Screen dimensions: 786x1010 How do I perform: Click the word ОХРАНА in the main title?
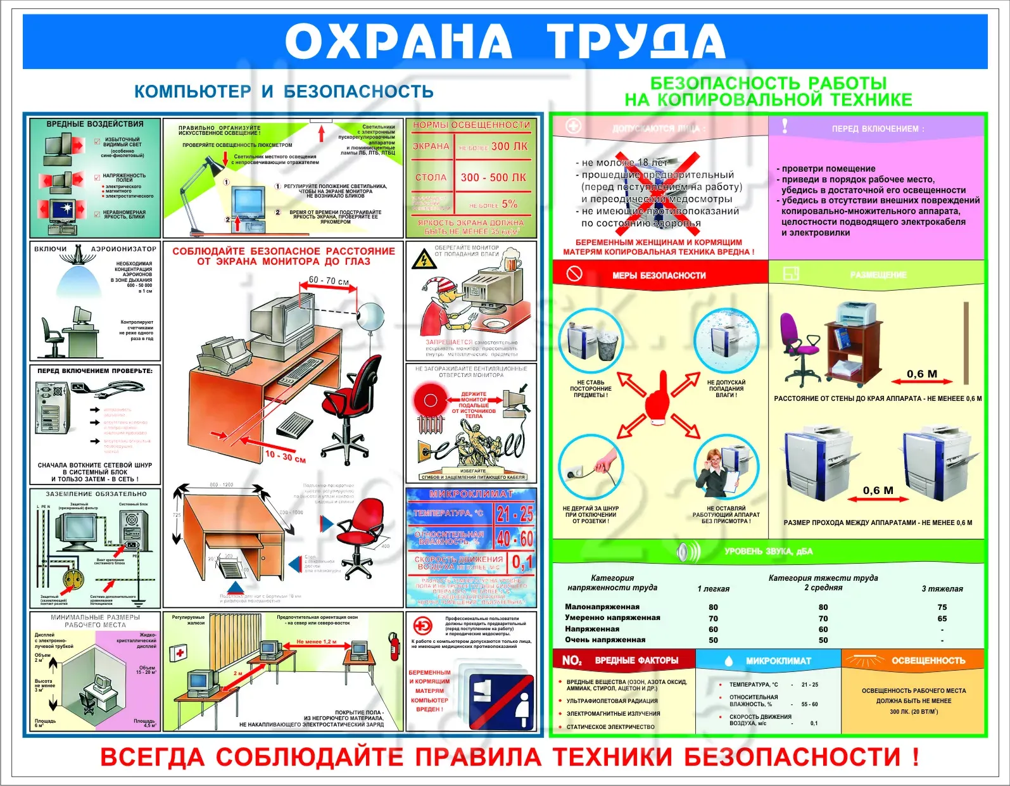(398, 41)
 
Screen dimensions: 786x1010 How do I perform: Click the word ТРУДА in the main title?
(636, 41)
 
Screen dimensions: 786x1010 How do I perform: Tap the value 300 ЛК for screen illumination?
(509, 146)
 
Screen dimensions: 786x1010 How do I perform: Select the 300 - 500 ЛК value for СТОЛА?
(493, 178)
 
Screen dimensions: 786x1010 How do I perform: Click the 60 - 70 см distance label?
(329, 281)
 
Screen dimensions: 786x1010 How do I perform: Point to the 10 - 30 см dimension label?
(285, 456)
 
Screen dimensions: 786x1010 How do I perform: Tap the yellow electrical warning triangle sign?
(422, 259)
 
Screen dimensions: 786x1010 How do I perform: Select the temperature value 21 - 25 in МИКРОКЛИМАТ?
(515, 513)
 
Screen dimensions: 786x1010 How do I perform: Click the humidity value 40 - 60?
(515, 538)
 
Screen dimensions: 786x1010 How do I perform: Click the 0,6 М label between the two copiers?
(878, 490)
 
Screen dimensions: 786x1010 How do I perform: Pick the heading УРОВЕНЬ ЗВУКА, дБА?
(768, 551)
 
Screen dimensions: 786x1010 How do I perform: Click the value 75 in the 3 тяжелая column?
(942, 607)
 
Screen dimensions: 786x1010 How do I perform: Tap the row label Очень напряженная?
(605, 640)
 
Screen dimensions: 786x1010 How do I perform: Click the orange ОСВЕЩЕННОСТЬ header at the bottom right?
(928, 661)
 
